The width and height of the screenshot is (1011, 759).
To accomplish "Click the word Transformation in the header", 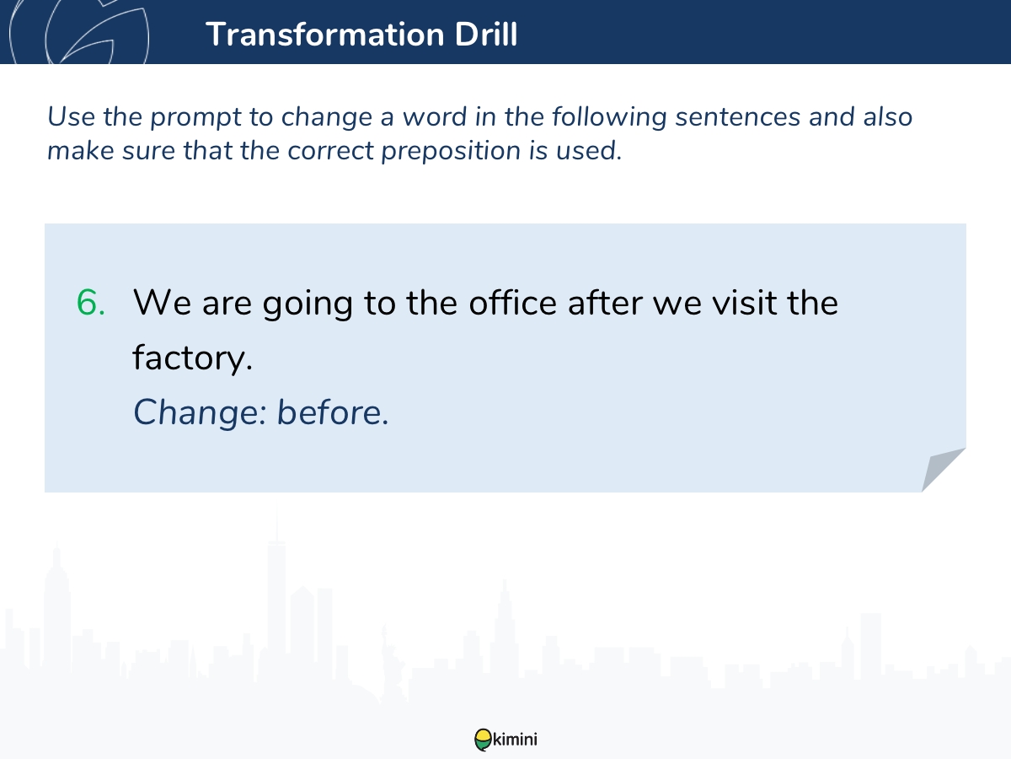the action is click(325, 35).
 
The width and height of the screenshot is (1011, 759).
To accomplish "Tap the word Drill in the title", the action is click(486, 34).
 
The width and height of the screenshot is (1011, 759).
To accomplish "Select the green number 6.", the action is click(91, 303).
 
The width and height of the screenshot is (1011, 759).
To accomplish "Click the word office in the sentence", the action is click(512, 303).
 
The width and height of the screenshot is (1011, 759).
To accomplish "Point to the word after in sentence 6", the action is click(605, 303).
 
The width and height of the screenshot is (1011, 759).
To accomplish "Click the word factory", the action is click(193, 358).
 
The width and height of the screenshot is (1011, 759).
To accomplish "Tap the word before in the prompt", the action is click(333, 412).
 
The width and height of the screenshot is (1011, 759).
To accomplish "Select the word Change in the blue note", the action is click(200, 413).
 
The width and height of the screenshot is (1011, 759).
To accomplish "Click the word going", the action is click(308, 304).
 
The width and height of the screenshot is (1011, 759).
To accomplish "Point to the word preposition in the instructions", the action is click(451, 152).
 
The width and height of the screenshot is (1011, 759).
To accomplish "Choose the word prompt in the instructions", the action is click(196, 117).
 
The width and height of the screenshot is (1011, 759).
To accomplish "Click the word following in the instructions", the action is click(609, 117).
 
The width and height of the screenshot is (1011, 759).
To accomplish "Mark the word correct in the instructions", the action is click(330, 151).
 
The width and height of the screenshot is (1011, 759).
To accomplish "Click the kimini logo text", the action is click(515, 740).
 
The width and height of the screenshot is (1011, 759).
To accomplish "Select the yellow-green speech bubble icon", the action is click(483, 740).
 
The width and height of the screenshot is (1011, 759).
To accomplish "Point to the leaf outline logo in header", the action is click(79, 32).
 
